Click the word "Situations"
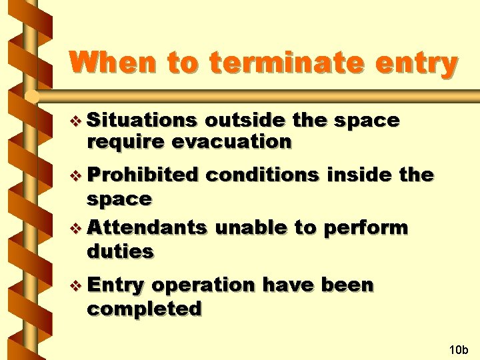pyautogui.click(x=141, y=121)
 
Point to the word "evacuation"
pyautogui.click(x=231, y=142)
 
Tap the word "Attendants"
pyautogui.click(x=147, y=227)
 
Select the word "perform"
pyautogui.click(x=365, y=227)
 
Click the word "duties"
pyautogui.click(x=120, y=251)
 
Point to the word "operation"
pyautogui.click(x=203, y=285)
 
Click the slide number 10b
pyautogui.click(x=459, y=349)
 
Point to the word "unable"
pyautogui.click(x=251, y=227)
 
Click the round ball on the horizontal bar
pyautogui.click(x=30, y=97)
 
